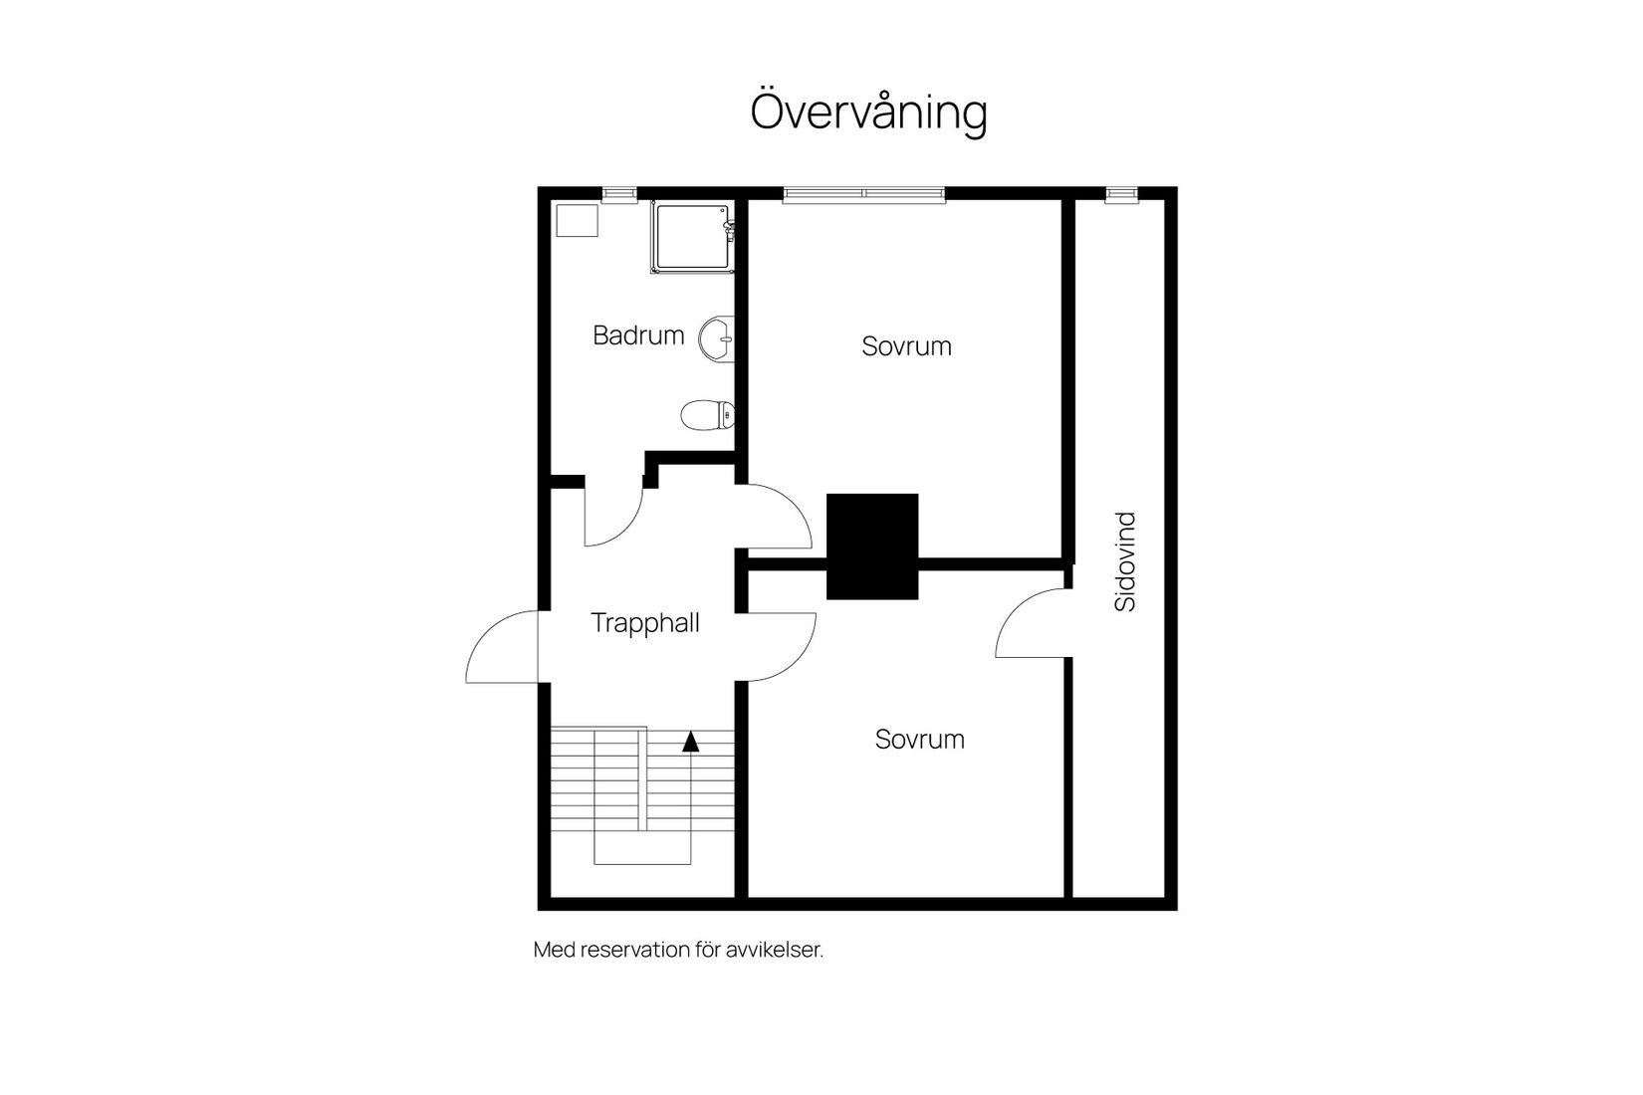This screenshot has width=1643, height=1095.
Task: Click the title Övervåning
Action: pyautogui.click(x=868, y=111)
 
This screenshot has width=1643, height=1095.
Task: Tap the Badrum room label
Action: pyautogui.click(x=638, y=335)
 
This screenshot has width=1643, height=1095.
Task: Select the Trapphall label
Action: pyautogui.click(x=645, y=623)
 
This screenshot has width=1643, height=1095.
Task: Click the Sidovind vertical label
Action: pyautogui.click(x=1125, y=561)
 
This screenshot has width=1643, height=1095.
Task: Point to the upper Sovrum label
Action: pyautogui.click(x=906, y=346)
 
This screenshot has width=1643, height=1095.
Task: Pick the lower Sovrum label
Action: pyautogui.click(x=919, y=740)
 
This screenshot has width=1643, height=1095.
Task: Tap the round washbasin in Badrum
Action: pyautogui.click(x=717, y=338)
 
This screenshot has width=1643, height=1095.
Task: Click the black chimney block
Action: pyautogui.click(x=872, y=547)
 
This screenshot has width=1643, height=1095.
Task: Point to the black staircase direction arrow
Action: pyautogui.click(x=690, y=741)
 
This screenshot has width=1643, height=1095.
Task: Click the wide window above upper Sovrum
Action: pyautogui.click(x=863, y=195)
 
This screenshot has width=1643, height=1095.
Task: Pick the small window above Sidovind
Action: pyautogui.click(x=1121, y=195)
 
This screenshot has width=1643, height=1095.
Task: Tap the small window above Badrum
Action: pyautogui.click(x=619, y=195)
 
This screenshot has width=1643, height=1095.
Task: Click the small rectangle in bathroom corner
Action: pyautogui.click(x=577, y=220)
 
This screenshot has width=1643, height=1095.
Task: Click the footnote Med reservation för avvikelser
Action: pyautogui.click(x=678, y=950)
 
